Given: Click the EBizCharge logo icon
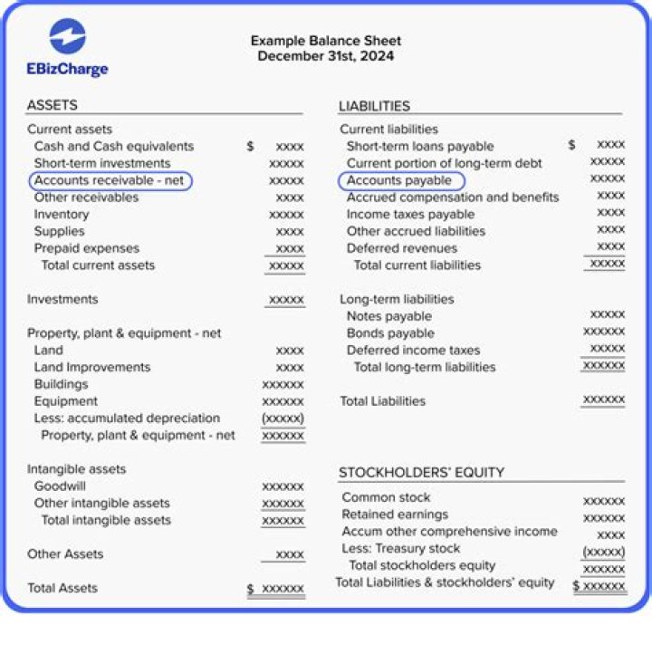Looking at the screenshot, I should (68, 37).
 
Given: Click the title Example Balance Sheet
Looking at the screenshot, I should (325, 41).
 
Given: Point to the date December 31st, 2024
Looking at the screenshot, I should (325, 56).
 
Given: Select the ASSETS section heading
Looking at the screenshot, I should (53, 105).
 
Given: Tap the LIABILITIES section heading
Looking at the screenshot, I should (374, 106).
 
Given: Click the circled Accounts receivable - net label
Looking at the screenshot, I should (110, 180).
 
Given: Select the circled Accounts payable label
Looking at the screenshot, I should (399, 180).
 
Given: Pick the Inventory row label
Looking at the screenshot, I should (62, 215).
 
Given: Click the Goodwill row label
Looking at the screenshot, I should (60, 486).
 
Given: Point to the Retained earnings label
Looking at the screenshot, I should (395, 515).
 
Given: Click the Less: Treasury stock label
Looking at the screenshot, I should (401, 549).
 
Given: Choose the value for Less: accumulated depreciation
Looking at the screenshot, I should (283, 419).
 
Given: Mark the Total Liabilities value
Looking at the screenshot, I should (603, 400).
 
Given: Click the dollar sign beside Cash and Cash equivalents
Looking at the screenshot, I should (250, 146).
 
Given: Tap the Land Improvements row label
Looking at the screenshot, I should (92, 368).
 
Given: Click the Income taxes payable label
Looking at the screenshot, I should (410, 215).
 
